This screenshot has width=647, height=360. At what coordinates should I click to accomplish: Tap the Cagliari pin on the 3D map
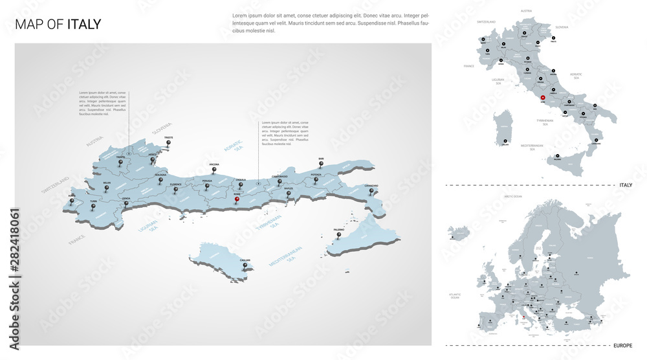click(245, 265)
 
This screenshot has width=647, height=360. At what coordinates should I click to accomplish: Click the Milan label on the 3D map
click(107, 183)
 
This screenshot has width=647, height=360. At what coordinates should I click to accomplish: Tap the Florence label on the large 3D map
click(175, 185)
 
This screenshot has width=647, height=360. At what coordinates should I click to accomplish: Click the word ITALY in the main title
click(84, 25)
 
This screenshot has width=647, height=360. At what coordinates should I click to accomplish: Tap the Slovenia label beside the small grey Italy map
click(562, 27)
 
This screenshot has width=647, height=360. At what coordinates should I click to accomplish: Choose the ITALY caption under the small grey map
click(626, 185)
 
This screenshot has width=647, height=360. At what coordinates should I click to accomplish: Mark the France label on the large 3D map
click(76, 240)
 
